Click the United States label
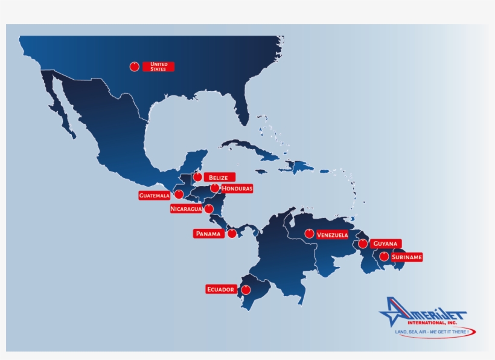159,66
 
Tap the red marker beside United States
134,66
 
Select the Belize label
219,178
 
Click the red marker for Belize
197,177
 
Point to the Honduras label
237,188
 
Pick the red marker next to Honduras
214,188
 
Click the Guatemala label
154,196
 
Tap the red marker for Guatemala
179,194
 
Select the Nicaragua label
186,209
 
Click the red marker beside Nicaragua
209,209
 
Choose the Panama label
208,233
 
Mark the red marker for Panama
232,233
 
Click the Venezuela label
332,234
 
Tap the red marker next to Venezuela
309,233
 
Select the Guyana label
385,243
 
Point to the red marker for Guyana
362,244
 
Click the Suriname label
406,257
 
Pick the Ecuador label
220,289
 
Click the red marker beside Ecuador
246,290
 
